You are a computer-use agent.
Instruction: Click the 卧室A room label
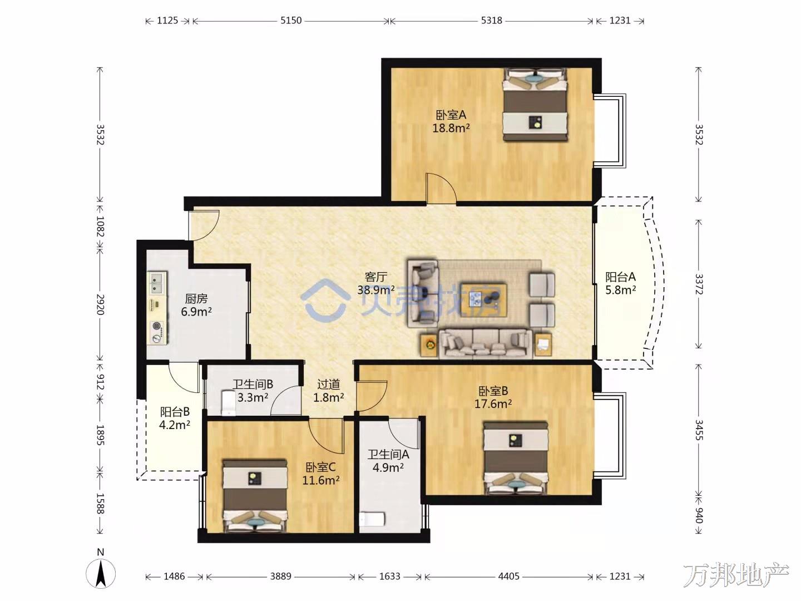click(x=451, y=115)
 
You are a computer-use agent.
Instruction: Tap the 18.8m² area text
click(x=451, y=128)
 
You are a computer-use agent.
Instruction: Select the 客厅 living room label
click(x=375, y=277)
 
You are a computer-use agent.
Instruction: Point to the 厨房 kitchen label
click(x=196, y=299)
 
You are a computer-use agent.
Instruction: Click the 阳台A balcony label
click(x=621, y=277)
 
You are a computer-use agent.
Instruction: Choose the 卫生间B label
click(x=253, y=384)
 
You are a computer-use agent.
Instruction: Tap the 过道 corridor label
click(x=328, y=384)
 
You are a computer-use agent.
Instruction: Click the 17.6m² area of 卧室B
click(x=493, y=404)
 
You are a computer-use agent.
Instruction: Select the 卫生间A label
click(x=388, y=454)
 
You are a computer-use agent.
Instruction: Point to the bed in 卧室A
click(x=535, y=104)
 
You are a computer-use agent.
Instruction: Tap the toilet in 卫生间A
click(x=372, y=519)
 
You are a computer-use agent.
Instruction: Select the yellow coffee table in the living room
click(x=483, y=299)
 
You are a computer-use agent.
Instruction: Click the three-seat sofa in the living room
click(x=485, y=344)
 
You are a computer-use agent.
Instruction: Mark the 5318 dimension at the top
click(x=491, y=21)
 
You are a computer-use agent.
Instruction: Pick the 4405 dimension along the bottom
click(x=509, y=576)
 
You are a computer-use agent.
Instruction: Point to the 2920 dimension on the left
click(x=100, y=304)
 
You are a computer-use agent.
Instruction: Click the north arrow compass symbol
click(x=101, y=573)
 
